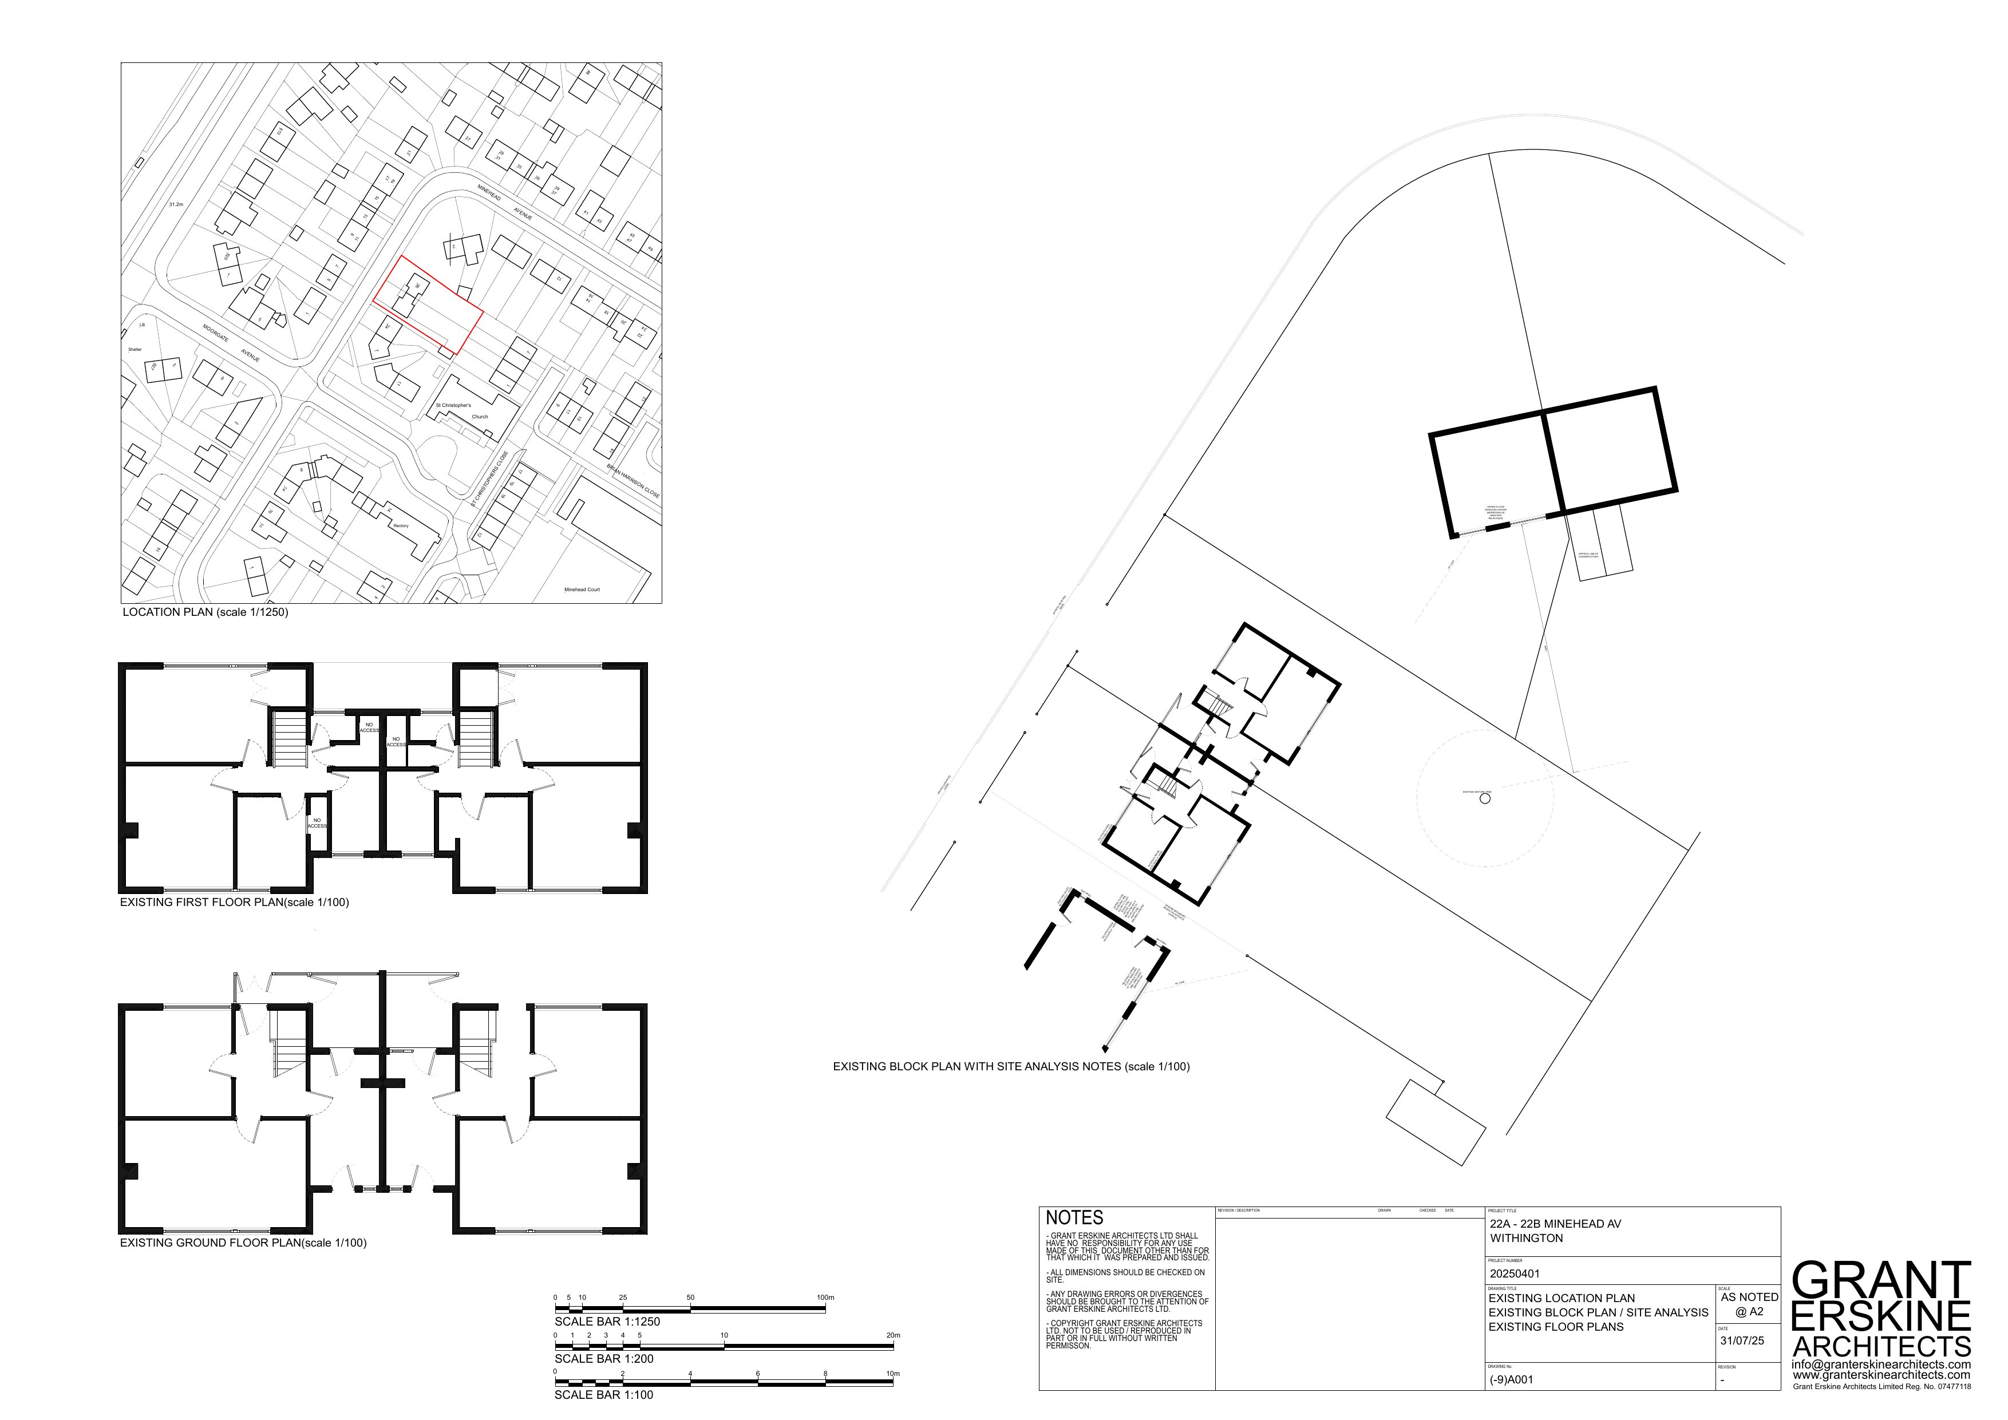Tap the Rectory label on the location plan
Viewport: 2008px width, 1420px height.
coord(401,525)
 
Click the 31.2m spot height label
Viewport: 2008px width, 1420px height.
coord(176,204)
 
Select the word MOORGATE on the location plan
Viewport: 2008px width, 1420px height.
coord(215,334)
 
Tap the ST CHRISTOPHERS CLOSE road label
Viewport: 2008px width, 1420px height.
coord(488,478)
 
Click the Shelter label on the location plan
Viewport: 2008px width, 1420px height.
coord(135,349)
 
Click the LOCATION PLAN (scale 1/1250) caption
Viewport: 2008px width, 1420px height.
coord(205,612)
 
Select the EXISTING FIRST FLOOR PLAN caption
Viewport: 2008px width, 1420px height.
coord(234,903)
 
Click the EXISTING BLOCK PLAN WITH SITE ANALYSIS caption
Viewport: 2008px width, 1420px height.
coord(1010,1067)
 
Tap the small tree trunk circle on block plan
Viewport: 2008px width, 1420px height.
coord(1484,798)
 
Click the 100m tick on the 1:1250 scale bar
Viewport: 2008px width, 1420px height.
coord(825,1298)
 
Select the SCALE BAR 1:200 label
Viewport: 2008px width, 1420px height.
coord(603,1359)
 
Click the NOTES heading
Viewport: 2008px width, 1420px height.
coord(1074,1217)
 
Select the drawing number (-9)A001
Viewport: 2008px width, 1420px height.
coord(1511,1380)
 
